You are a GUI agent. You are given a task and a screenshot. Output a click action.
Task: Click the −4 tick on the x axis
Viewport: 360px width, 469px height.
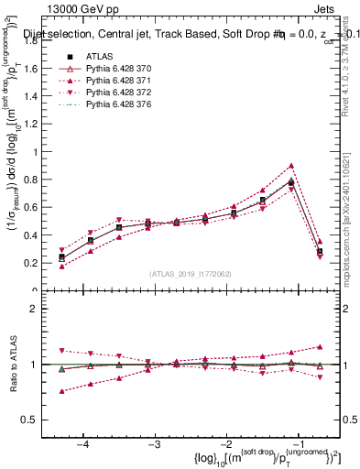pyautogui.click(x=83, y=444)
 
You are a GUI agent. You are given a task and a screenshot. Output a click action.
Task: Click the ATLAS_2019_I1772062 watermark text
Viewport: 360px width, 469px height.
pyautogui.click(x=190, y=273)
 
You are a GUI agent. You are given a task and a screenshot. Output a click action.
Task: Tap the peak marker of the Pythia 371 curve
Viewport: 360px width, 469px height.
pyautogui.click(x=290, y=166)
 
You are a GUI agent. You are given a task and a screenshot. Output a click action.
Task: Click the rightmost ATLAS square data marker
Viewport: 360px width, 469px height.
pyautogui.click(x=319, y=251)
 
